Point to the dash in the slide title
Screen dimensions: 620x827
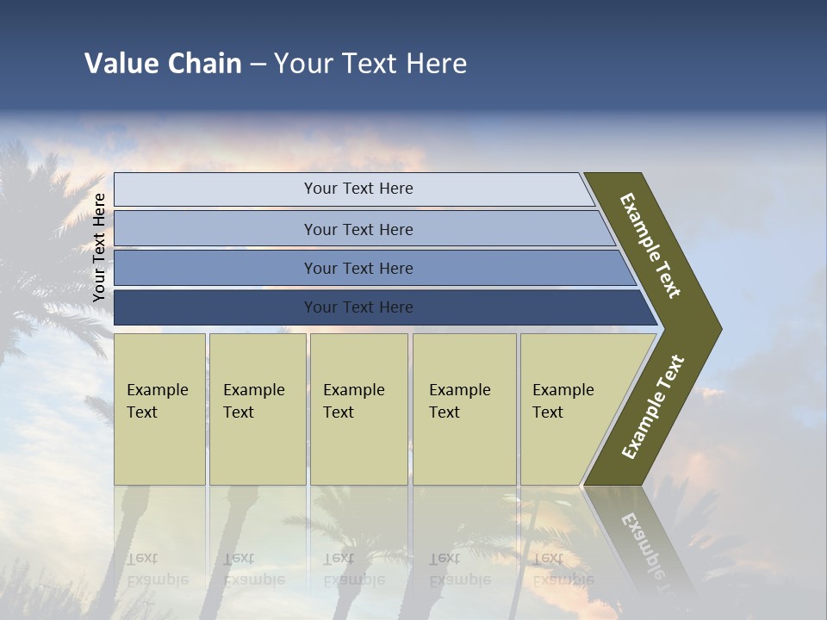click(258, 65)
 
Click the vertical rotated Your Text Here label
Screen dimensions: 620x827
click(99, 247)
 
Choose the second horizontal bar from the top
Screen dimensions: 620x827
click(358, 229)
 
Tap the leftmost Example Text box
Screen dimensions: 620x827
click(159, 409)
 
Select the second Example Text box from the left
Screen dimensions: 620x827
click(258, 409)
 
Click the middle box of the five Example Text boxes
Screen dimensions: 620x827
click(358, 409)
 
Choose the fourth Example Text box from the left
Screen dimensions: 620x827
click(464, 409)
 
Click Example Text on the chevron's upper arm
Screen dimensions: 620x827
click(650, 245)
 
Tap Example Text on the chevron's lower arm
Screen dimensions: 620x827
click(653, 407)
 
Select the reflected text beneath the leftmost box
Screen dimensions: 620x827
click(157, 568)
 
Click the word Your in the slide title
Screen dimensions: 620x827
click(302, 64)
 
